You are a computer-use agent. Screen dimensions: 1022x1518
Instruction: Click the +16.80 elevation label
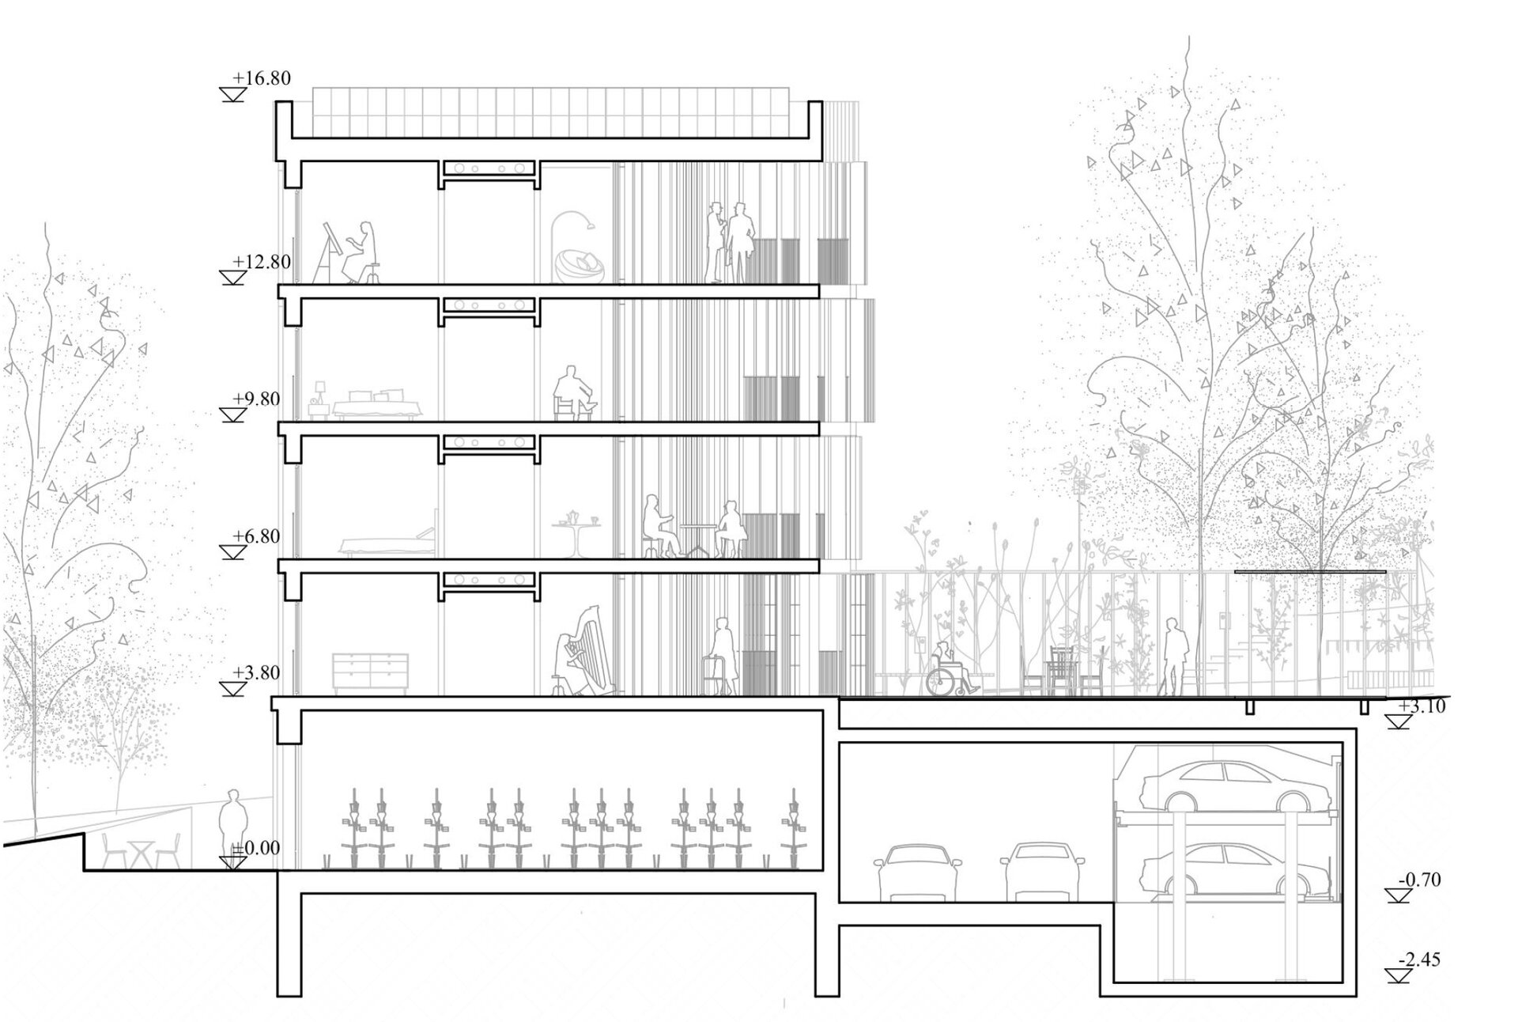[x=262, y=78]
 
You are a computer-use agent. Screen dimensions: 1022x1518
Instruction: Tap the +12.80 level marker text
[x=262, y=262]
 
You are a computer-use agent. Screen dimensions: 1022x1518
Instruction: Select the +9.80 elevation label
[x=257, y=399]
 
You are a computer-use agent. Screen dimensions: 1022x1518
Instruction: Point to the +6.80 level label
[x=257, y=536]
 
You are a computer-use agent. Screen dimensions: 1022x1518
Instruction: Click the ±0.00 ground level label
[x=255, y=848]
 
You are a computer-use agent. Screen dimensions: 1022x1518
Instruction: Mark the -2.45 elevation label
[x=1419, y=960]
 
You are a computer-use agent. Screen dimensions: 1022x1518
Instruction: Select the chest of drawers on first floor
[x=370, y=673]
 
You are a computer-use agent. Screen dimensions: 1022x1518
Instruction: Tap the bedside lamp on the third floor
[x=320, y=391]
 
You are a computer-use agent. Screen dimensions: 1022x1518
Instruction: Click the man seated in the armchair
[x=574, y=392]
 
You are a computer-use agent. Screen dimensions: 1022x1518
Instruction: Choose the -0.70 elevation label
[x=1419, y=879]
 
